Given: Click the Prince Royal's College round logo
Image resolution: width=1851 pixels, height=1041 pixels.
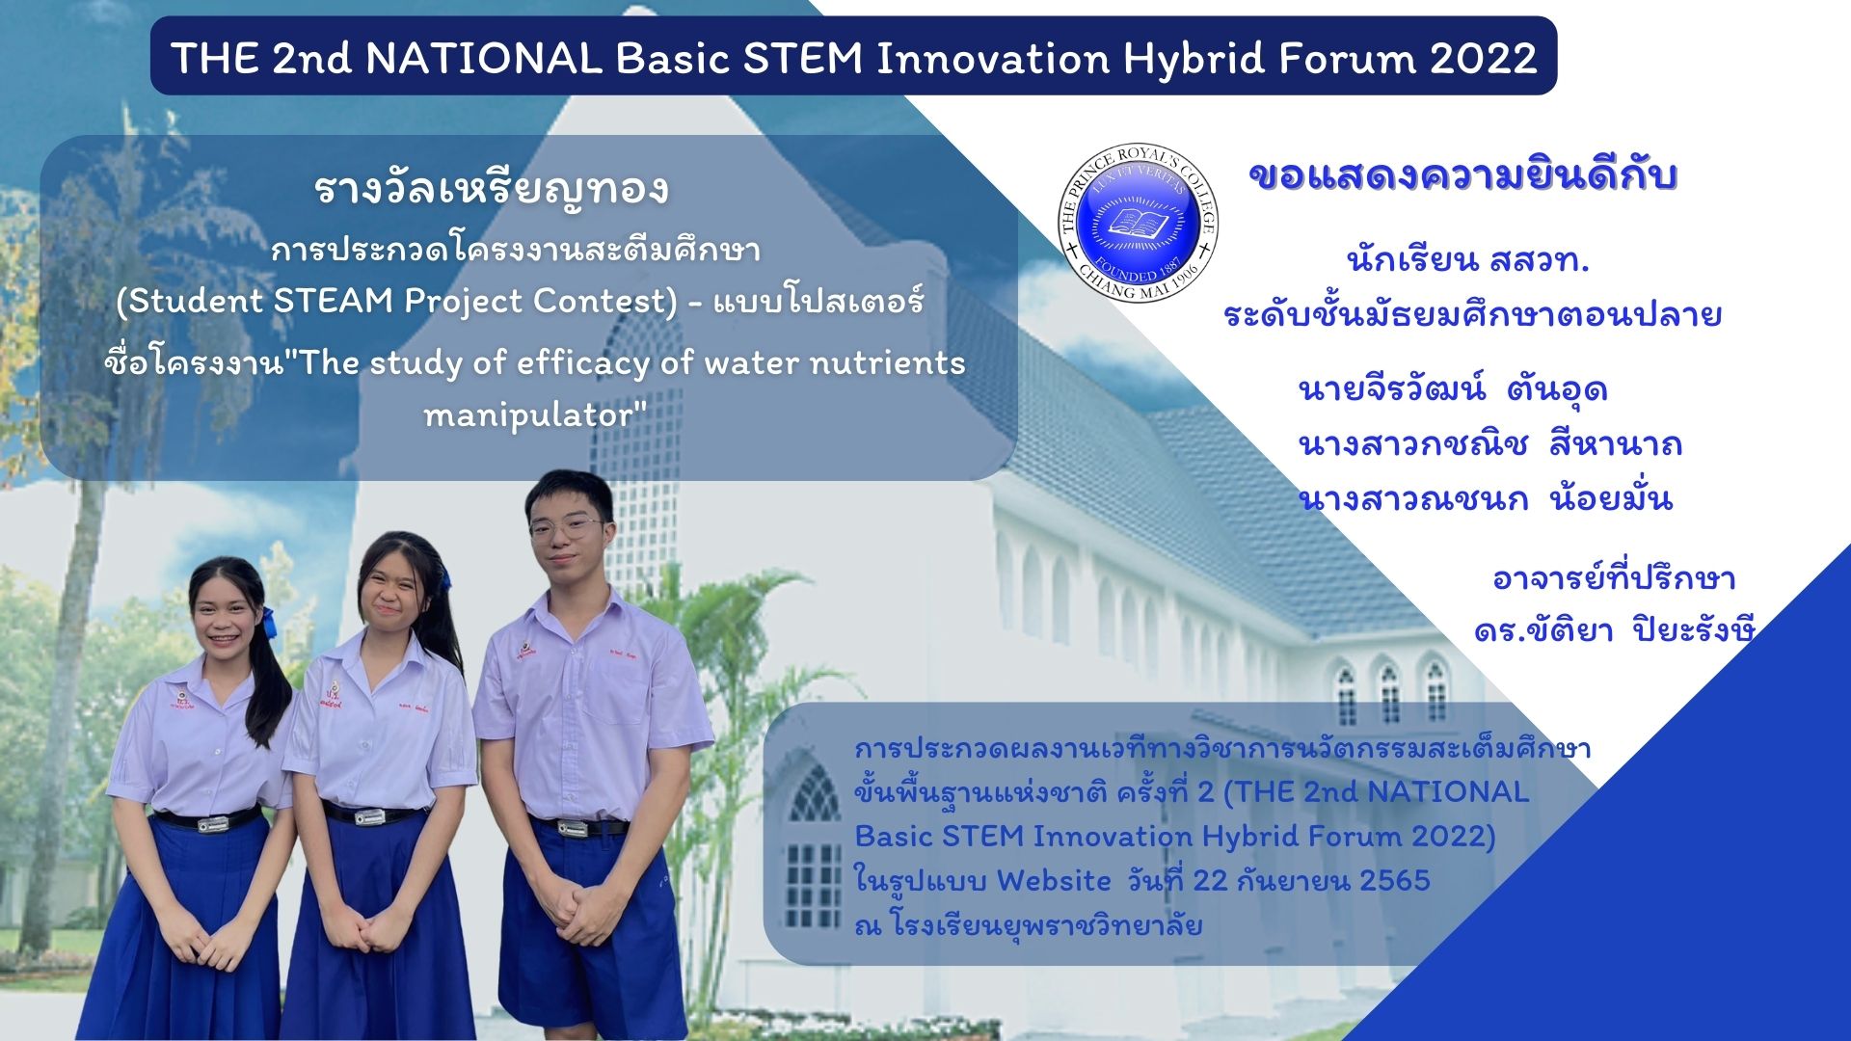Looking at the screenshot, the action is pos(1138,223).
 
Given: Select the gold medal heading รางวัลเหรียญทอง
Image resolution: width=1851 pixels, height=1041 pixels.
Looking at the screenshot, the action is pos(492,188).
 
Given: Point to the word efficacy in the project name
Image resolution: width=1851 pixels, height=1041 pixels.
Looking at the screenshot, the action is pos(582,363).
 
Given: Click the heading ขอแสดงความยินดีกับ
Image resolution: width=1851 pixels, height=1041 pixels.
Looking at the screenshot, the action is pos(1462,175).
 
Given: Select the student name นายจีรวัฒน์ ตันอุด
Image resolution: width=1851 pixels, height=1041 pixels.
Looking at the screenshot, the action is pos(1453,388).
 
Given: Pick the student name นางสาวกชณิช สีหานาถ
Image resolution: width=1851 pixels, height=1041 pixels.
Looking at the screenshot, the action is pos(1490,443).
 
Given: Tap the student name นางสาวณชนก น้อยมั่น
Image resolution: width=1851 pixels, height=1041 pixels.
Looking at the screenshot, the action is pos(1485,497).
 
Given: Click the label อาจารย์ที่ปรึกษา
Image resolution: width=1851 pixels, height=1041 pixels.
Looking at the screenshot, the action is pos(1614,577).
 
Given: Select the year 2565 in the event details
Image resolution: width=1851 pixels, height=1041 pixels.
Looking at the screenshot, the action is pos(1395,880).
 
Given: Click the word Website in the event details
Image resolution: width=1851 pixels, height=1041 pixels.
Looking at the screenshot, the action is pos(1054,880).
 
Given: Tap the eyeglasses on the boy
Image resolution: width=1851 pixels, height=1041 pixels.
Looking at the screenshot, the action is pos(565,527).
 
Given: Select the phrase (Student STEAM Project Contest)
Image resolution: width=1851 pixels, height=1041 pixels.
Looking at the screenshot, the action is pos(397,301).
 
